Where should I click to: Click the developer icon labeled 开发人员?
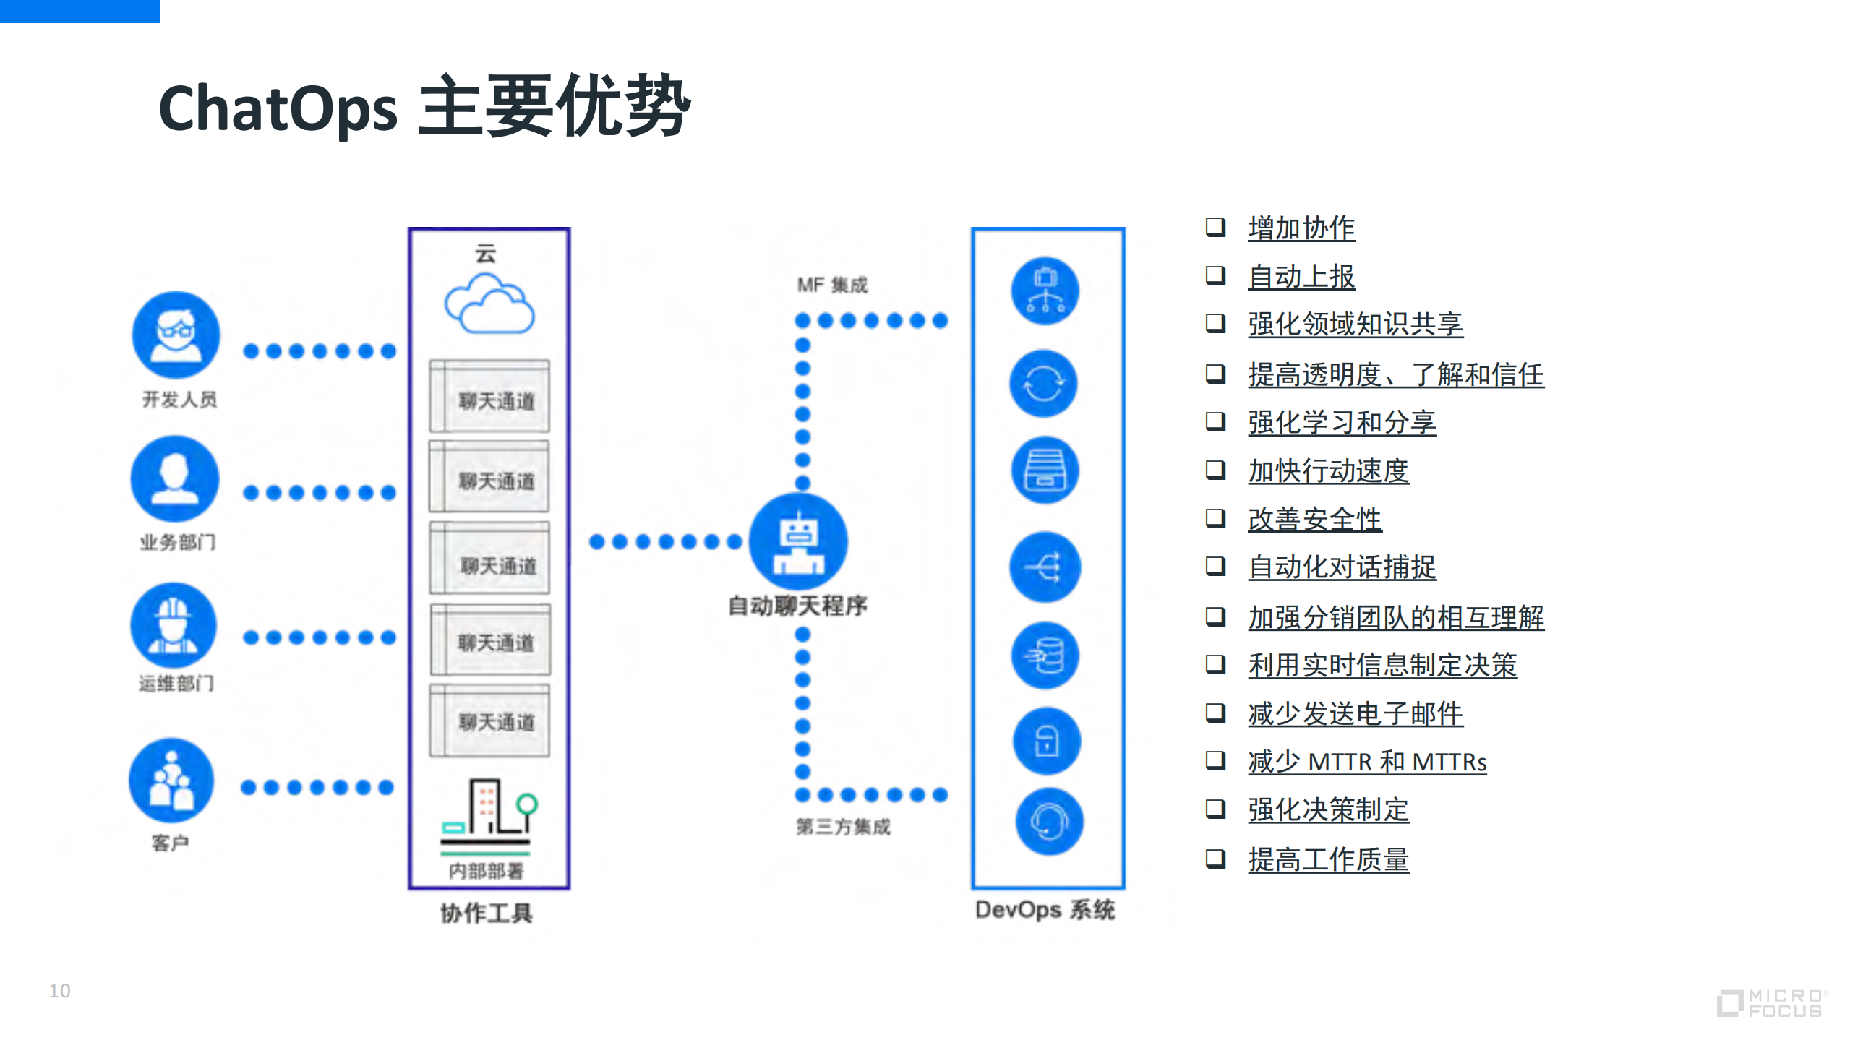pyautogui.click(x=176, y=335)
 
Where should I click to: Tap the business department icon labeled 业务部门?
pyautogui.click(x=174, y=478)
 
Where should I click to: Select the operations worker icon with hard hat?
pyautogui.click(x=174, y=625)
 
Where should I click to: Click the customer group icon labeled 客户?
pyautogui.click(x=171, y=781)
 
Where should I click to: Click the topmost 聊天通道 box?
pyautogui.click(x=489, y=397)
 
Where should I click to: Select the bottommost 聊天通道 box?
pyautogui.click(x=489, y=721)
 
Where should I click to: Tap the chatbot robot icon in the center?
pyautogui.click(x=798, y=542)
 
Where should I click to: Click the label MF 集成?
pyautogui.click(x=832, y=285)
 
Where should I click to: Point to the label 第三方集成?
pyautogui.click(x=843, y=826)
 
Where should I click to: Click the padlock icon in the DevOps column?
pyautogui.click(x=1046, y=741)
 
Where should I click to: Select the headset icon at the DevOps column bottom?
pyautogui.click(x=1048, y=822)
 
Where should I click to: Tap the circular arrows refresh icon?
pyautogui.click(x=1043, y=384)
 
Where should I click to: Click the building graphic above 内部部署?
pyautogui.click(x=489, y=809)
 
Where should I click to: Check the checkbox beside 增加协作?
pyautogui.click(x=1215, y=227)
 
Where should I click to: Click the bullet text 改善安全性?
pyautogui.click(x=1314, y=520)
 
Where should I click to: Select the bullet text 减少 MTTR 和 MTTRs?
pyautogui.click(x=1366, y=762)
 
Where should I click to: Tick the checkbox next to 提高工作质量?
pyautogui.click(x=1215, y=858)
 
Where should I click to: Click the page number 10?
pyautogui.click(x=60, y=990)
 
